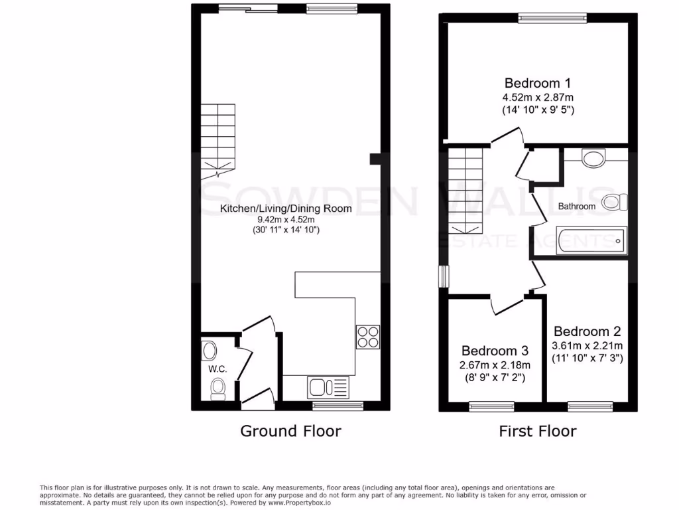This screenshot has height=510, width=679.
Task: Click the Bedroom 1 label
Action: [x=538, y=84]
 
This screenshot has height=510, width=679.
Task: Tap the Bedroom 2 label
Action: [x=587, y=331]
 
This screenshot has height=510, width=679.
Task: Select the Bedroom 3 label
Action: [x=495, y=351]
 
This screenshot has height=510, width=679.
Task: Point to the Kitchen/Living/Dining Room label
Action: [x=286, y=208]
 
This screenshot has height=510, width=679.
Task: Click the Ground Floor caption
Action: [x=290, y=431]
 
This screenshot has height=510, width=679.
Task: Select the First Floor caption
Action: [x=538, y=431]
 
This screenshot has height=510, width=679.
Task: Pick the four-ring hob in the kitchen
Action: [x=368, y=336]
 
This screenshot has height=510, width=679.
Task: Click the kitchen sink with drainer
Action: [x=328, y=386]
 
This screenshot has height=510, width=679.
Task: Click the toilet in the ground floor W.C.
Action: [x=217, y=389]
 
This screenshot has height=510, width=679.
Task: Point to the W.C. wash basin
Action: [x=209, y=350]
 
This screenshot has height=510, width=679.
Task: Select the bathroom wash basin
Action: [x=593, y=157]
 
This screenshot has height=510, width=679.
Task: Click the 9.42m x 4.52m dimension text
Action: [x=286, y=220]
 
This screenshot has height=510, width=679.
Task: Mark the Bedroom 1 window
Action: [x=552, y=18]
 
